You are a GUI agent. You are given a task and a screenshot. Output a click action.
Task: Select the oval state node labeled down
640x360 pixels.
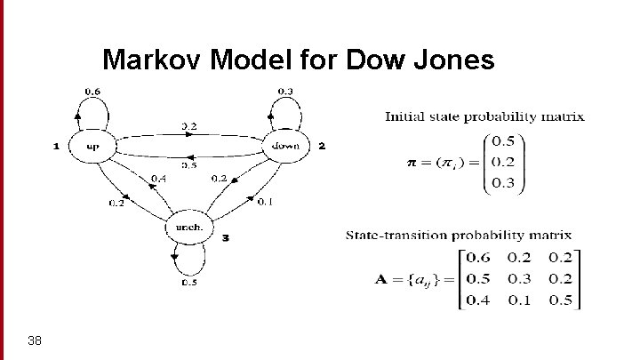tap(285, 146)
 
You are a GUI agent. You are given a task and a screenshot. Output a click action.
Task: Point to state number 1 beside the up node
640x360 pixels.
tap(57, 146)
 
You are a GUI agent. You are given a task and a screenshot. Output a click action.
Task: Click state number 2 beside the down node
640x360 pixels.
tap(322, 146)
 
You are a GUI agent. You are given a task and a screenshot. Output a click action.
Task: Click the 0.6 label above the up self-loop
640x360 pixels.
tap(92, 90)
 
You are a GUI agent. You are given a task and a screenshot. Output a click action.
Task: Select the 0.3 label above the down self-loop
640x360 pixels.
tap(285, 90)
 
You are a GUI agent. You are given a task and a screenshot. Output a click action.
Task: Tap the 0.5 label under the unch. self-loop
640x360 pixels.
tap(189, 283)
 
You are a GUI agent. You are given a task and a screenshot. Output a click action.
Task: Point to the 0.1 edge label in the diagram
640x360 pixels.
tap(265, 202)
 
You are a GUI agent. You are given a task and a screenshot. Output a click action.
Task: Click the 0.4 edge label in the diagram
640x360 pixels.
tap(158, 179)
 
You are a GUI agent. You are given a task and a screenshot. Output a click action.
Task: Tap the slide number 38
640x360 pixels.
tap(36, 340)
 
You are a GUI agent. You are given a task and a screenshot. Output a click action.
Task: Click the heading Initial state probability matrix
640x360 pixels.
tap(484, 116)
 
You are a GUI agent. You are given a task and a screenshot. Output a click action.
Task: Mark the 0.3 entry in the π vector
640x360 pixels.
tap(502, 184)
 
